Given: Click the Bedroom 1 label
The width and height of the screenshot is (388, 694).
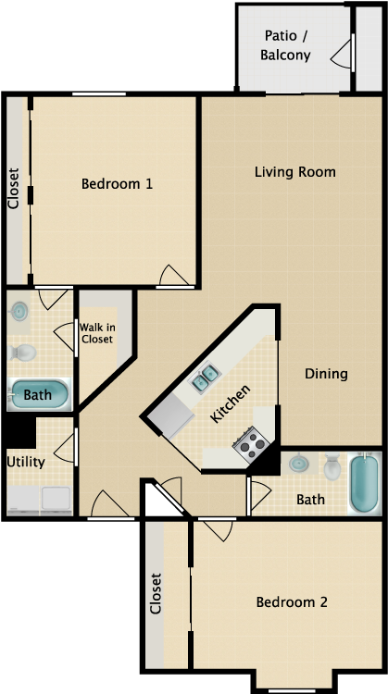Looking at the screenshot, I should click(117, 183).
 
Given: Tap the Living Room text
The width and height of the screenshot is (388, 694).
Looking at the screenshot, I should click(295, 172).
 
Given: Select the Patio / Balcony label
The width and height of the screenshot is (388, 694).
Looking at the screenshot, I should click(286, 45).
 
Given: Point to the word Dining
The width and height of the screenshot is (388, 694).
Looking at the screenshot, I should click(326, 374).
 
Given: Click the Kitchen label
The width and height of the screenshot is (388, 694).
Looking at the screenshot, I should click(230, 403).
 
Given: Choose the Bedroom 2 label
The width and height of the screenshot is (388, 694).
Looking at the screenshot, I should click(292, 601).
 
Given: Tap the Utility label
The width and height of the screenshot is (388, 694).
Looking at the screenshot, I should click(26, 461).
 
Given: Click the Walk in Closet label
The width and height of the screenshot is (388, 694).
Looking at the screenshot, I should click(95, 332).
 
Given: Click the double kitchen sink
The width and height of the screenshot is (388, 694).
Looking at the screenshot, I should click(206, 377).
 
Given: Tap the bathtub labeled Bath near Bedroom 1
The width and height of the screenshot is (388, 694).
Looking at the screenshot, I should click(39, 394).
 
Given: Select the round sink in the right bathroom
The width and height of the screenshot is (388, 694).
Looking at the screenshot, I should click(299, 464).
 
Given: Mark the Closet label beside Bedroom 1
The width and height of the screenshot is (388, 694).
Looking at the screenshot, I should click(14, 189).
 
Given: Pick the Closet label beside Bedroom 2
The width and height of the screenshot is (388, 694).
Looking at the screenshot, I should click(156, 594).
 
